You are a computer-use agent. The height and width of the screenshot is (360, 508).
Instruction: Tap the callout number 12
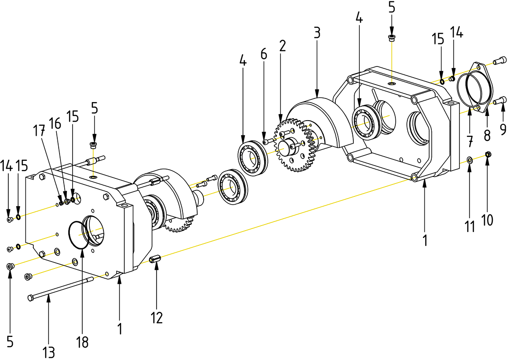pos(157,317)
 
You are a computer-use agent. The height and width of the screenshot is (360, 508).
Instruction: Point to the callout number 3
pos(316,33)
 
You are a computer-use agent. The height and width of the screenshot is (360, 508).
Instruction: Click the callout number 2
pos(282,45)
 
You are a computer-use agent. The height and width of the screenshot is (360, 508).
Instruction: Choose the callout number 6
pos(263,54)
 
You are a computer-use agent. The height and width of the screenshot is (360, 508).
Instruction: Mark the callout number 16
pos(55,123)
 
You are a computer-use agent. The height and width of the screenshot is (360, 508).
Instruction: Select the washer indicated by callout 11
pos(469,160)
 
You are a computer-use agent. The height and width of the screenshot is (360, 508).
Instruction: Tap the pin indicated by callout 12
pos(155,260)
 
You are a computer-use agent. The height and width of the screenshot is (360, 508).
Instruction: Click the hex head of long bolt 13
pos(31,297)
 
